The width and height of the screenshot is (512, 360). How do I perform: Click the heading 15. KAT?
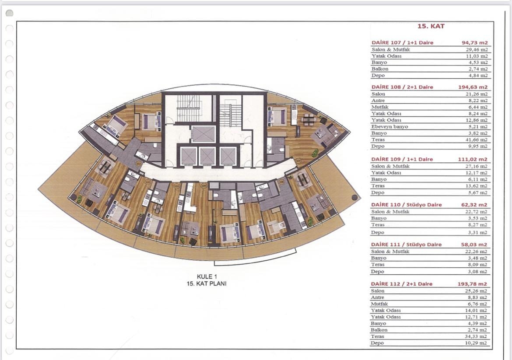point(431,26)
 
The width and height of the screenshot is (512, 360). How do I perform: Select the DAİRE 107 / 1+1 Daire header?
point(402,43)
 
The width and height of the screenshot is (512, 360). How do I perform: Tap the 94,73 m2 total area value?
point(474,43)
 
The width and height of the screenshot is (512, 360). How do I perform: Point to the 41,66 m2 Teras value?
point(477,140)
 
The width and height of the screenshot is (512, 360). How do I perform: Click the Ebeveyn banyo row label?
point(389,126)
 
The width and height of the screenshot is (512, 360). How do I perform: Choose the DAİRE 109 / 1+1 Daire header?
point(402,160)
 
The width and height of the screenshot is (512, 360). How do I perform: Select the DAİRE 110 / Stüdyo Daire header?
point(407,205)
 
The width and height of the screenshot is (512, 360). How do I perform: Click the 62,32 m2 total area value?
point(476,205)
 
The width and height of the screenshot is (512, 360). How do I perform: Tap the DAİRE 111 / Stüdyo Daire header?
point(407,245)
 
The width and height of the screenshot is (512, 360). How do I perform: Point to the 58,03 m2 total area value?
point(476,245)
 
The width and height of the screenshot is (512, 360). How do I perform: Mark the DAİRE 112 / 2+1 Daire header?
point(402,284)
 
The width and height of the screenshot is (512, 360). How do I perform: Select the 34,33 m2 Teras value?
point(477,336)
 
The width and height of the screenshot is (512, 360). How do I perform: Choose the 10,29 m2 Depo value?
point(477,343)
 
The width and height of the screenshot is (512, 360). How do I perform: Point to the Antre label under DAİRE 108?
point(378,100)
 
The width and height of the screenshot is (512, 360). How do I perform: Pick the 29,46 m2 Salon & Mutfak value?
point(477,50)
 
